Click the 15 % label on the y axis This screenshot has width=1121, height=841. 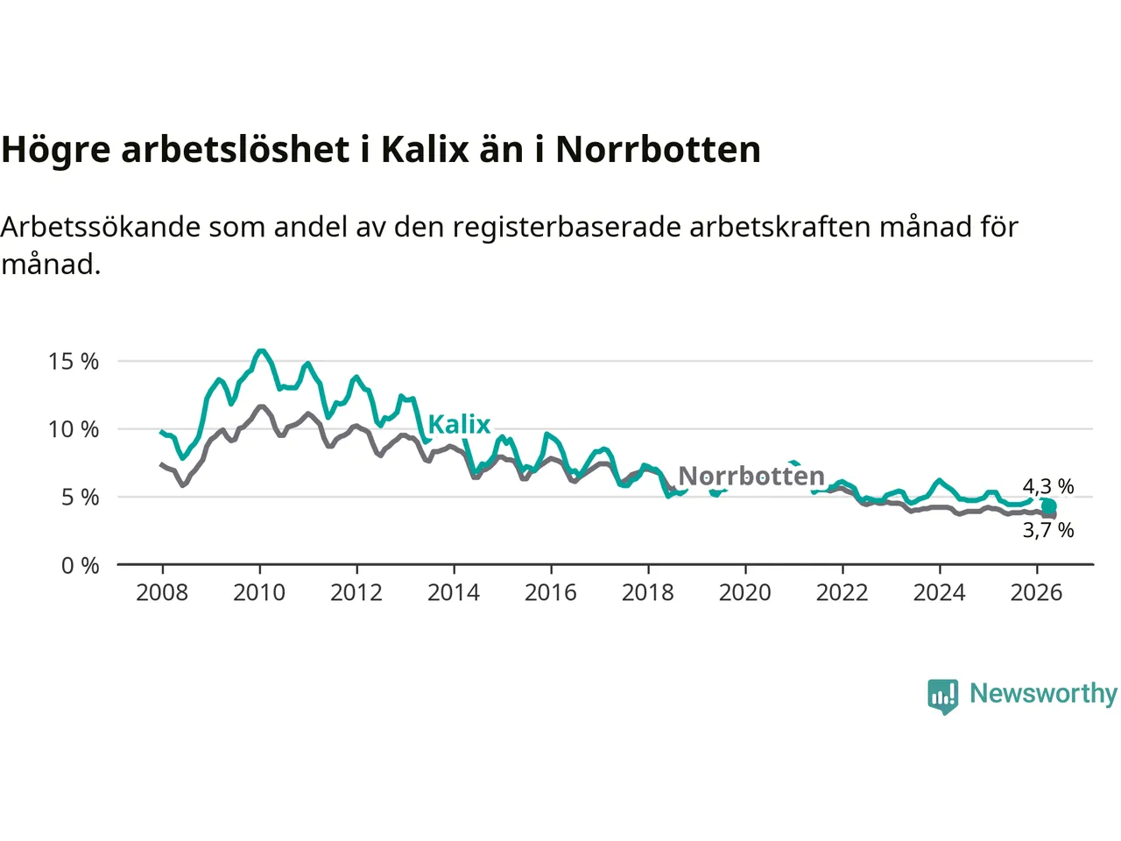coord(74,362)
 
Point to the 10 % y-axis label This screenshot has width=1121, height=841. coord(74,429)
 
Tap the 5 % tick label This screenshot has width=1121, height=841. coord(81,498)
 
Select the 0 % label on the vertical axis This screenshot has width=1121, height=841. coord(81,566)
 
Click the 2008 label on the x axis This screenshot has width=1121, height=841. coord(162,593)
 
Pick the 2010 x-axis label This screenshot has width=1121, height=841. coord(259,593)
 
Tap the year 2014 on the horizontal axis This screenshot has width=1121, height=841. coord(454,593)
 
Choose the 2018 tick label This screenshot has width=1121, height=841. coord(648,593)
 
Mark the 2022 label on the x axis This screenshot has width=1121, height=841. coord(843,593)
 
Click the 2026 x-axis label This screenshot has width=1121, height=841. coord(1037,593)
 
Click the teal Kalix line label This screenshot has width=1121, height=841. coord(459,424)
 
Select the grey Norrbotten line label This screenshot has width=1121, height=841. coord(751,476)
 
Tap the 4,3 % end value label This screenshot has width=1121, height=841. coord(1048,486)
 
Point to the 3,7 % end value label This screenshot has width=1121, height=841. coord(1048,531)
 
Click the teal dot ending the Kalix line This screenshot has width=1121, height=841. coord(1049,506)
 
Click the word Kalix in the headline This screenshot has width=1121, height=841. coord(426,150)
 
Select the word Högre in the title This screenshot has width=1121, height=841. coord(56,151)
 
